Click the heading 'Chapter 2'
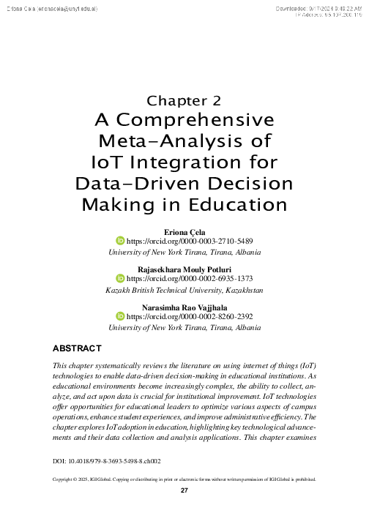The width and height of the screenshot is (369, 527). pyautogui.click(x=184, y=100)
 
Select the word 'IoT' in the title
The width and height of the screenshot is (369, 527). pyautogui.click(x=105, y=160)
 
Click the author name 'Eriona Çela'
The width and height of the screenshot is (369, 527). pyautogui.click(x=184, y=231)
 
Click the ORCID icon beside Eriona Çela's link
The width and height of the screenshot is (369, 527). pyautogui.click(x=122, y=241)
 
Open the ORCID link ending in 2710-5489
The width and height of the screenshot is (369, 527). pyautogui.click(x=190, y=241)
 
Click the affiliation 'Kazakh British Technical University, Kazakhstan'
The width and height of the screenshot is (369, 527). pyautogui.click(x=184, y=291)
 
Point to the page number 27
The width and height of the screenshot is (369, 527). pyautogui.click(x=184, y=491)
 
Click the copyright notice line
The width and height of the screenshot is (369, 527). pyautogui.click(x=184, y=481)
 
